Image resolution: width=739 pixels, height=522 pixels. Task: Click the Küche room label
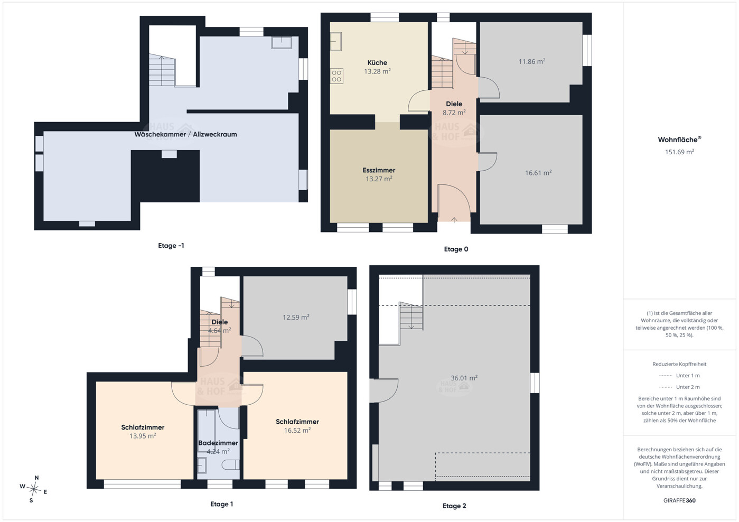(377, 63)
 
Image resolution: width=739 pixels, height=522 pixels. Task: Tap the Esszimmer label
(379, 170)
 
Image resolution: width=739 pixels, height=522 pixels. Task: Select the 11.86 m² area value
(531, 62)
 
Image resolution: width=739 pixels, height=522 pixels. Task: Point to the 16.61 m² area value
(538, 173)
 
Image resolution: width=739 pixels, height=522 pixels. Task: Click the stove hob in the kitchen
(336, 76)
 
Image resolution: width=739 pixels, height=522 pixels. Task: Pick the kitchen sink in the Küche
(336, 42)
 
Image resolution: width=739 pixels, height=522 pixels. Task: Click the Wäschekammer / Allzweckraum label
(185, 134)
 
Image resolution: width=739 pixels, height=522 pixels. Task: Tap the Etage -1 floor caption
(171, 246)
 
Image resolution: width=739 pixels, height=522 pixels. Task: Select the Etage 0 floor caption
(456, 249)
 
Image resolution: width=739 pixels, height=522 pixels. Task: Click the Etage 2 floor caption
(454, 506)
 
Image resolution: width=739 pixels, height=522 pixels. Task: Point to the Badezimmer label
(218, 443)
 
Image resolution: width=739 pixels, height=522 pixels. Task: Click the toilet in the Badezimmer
(230, 465)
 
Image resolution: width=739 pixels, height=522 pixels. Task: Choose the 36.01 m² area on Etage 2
(464, 378)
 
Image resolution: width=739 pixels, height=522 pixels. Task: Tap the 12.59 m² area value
(296, 318)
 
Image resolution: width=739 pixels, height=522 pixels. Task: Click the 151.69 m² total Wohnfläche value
(679, 152)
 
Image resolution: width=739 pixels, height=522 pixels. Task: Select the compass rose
(33, 489)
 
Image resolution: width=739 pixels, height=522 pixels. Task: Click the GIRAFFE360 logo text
(679, 500)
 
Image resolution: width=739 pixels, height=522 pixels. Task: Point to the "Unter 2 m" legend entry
(679, 387)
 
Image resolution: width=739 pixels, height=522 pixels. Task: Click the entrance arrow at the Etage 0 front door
(454, 220)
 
